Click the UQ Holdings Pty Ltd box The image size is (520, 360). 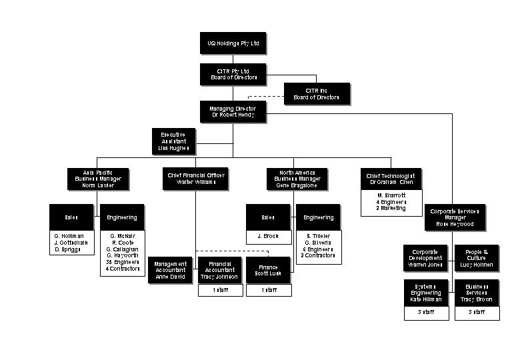point(233,44)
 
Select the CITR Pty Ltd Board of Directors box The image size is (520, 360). point(233,75)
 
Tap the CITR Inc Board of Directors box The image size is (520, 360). point(316,94)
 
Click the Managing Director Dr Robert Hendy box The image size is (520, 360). point(233,112)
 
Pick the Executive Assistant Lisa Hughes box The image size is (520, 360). point(173,141)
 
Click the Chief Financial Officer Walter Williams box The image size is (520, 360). point(196,179)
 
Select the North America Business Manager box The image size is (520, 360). point(297,179)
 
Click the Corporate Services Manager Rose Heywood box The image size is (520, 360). point(455,217)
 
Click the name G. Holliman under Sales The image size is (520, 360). point(71,235)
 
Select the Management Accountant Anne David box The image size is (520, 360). point(169,270)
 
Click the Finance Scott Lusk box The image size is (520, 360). point(269,270)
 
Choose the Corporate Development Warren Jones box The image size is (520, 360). point(426,257)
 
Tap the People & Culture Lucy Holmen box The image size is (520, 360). point(477,257)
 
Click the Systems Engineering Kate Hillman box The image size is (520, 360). point(426,293)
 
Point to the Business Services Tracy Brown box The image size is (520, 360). point(477,293)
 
